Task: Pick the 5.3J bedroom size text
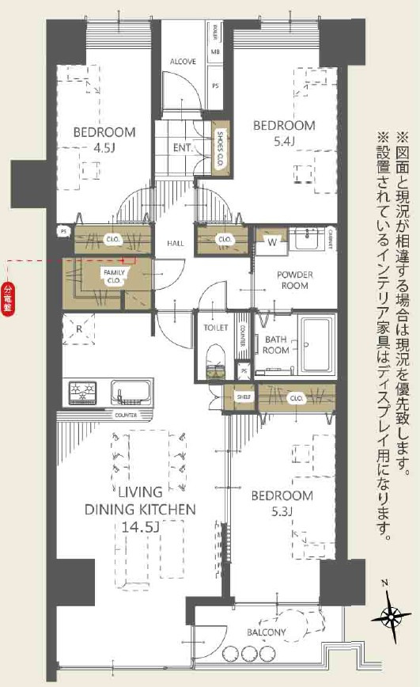282,511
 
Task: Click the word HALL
176,243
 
